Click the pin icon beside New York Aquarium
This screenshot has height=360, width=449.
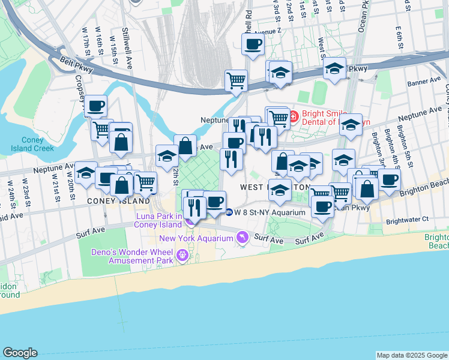pyautogui.click(x=242, y=238)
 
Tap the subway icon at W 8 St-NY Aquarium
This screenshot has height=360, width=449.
pyautogui.click(x=229, y=212)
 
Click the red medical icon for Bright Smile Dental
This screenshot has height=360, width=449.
pyautogui.click(x=293, y=115)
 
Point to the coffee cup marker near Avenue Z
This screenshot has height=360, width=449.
pyautogui.click(x=253, y=43)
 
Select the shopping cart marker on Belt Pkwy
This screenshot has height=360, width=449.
pyautogui.click(x=237, y=80)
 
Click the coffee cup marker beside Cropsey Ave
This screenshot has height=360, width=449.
pyautogui.click(x=95, y=106)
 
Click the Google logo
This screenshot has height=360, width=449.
pyautogui.click(x=20, y=353)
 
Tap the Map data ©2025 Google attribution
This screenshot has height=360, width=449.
pyautogui.click(x=412, y=355)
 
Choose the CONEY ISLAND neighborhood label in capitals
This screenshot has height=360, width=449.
pyautogui.click(x=118, y=201)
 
